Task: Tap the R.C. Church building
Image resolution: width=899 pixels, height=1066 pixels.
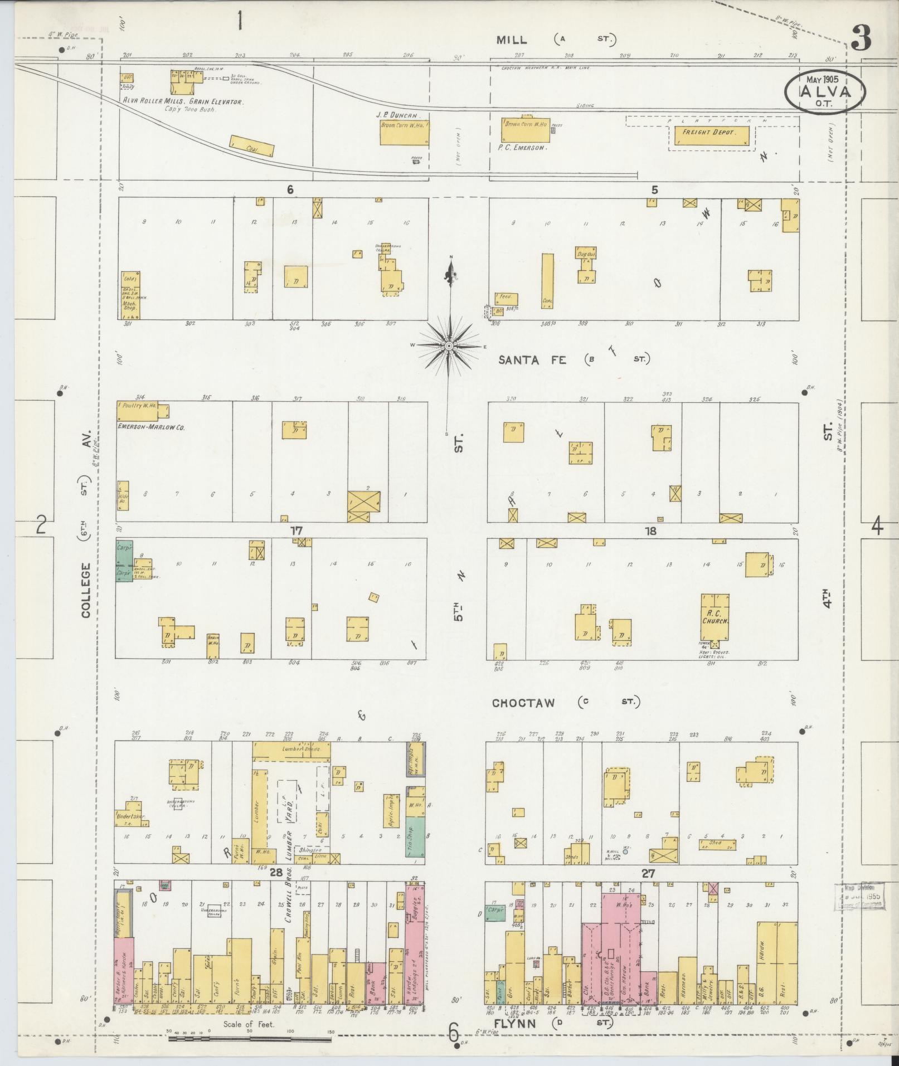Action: pos(715,616)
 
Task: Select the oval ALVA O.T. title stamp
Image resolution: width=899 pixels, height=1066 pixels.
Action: pos(825,93)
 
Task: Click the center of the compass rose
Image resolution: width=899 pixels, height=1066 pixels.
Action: pos(449,346)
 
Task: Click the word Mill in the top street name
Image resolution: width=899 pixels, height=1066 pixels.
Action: pos(512,39)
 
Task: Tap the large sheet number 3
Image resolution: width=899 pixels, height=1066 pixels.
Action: pos(861,38)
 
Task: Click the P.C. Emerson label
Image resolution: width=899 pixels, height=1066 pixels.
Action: pos(523,148)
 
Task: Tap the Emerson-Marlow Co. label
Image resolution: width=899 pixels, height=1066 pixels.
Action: pos(150,427)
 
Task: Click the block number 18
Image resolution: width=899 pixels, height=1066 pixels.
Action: pos(650,531)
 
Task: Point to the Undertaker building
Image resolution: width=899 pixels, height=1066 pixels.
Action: pos(129,817)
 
